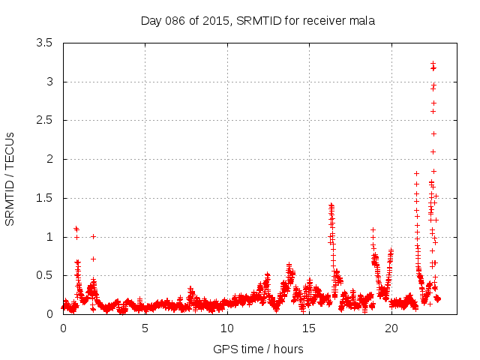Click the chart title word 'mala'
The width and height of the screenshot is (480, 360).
(x=362, y=21)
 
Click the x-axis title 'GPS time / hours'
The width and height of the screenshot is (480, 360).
(x=258, y=349)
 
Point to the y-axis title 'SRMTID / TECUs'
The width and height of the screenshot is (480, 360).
(x=10, y=178)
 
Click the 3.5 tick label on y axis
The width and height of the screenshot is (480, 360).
(x=44, y=43)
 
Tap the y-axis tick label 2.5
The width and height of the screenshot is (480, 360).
(x=44, y=120)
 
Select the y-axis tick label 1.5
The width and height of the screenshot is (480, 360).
(x=44, y=198)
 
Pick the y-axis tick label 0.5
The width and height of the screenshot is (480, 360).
(x=44, y=275)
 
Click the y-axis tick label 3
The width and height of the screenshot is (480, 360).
(x=49, y=82)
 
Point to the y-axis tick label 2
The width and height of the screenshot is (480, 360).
(x=49, y=159)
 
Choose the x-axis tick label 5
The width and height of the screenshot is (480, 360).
(x=145, y=328)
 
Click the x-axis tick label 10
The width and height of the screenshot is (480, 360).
(x=227, y=328)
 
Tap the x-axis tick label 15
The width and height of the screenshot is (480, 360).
(x=309, y=328)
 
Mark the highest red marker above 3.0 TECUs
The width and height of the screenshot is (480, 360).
(x=433, y=63)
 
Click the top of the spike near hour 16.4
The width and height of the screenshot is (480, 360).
(x=331, y=204)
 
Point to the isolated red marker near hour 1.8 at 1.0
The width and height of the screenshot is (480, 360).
(x=93, y=236)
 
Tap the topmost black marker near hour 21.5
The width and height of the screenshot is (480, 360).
(x=416, y=173)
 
